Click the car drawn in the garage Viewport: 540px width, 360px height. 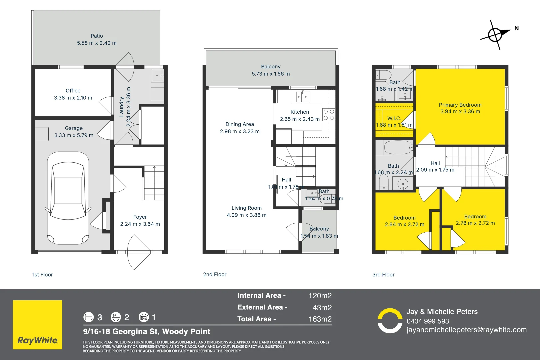point(68,198)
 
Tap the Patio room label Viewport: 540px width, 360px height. point(97,36)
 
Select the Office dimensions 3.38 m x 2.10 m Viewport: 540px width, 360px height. point(73,98)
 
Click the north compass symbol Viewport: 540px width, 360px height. point(495,34)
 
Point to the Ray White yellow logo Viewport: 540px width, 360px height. point(37,325)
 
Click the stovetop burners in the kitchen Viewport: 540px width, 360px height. point(329,115)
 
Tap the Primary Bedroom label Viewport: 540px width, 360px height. point(460,105)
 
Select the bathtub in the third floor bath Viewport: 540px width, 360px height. point(398,147)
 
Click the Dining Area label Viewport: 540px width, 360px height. point(240,124)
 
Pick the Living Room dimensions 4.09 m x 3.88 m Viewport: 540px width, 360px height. point(247,215)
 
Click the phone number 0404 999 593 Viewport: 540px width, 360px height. point(428,321)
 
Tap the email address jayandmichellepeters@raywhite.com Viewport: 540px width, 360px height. point(466,330)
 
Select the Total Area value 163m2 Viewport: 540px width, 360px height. point(320,319)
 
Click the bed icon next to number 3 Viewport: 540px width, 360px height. point(88,317)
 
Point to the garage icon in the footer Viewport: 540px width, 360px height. point(144,317)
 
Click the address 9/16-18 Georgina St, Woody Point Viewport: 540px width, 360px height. point(147,331)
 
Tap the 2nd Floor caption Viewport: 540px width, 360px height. point(215,274)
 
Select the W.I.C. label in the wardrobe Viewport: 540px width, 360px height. point(394,118)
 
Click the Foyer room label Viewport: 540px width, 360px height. point(140,217)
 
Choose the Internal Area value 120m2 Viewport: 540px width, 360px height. point(320,296)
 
